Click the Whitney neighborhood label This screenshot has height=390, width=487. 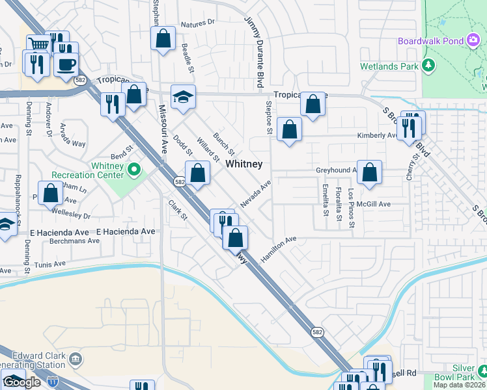tap(244, 164)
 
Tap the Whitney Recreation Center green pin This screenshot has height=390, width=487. tap(135, 171)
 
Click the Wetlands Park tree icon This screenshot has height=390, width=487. tap(428, 66)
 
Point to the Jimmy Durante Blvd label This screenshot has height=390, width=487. tap(253, 53)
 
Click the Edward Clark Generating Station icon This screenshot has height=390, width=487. tap(76, 359)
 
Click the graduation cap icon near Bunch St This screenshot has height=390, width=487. tap(183, 97)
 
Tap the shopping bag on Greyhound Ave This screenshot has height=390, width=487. tap(369, 172)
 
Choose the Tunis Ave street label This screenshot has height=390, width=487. tap(50, 265)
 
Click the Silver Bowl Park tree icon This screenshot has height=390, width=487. tap(482, 371)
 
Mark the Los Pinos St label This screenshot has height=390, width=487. tap(352, 209)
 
